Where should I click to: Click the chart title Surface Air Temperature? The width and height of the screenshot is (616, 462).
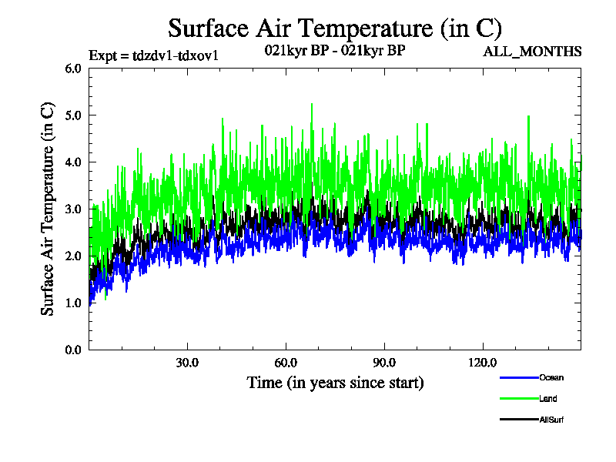[x=335, y=28]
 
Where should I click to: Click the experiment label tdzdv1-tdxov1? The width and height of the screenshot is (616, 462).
[x=159, y=55]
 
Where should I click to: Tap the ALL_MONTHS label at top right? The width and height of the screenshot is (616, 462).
[x=532, y=52]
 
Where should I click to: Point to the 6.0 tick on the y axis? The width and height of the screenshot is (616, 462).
[x=73, y=69]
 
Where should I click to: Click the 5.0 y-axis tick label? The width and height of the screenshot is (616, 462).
[x=73, y=115]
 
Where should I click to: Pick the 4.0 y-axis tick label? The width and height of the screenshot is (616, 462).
[x=73, y=162]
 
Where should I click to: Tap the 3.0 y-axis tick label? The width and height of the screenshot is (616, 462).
[x=73, y=209]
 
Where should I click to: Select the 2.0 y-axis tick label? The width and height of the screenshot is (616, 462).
[x=73, y=256]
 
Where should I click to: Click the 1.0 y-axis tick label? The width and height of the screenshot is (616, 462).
[x=73, y=303]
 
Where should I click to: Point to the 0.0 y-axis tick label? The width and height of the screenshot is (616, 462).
[x=73, y=350]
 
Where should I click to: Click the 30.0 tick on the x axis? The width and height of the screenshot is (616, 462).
[x=187, y=363]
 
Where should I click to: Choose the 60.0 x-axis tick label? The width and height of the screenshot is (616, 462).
[x=286, y=363]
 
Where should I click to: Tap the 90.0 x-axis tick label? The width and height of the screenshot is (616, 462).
[x=384, y=363]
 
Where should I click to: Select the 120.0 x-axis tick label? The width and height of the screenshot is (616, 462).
[x=483, y=363]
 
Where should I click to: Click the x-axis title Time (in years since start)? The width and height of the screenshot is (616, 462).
[x=335, y=383]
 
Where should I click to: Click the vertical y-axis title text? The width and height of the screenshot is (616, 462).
[x=48, y=209]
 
